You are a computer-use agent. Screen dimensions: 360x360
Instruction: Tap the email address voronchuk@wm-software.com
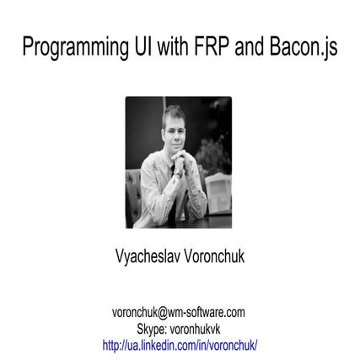click(x=179, y=311)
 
